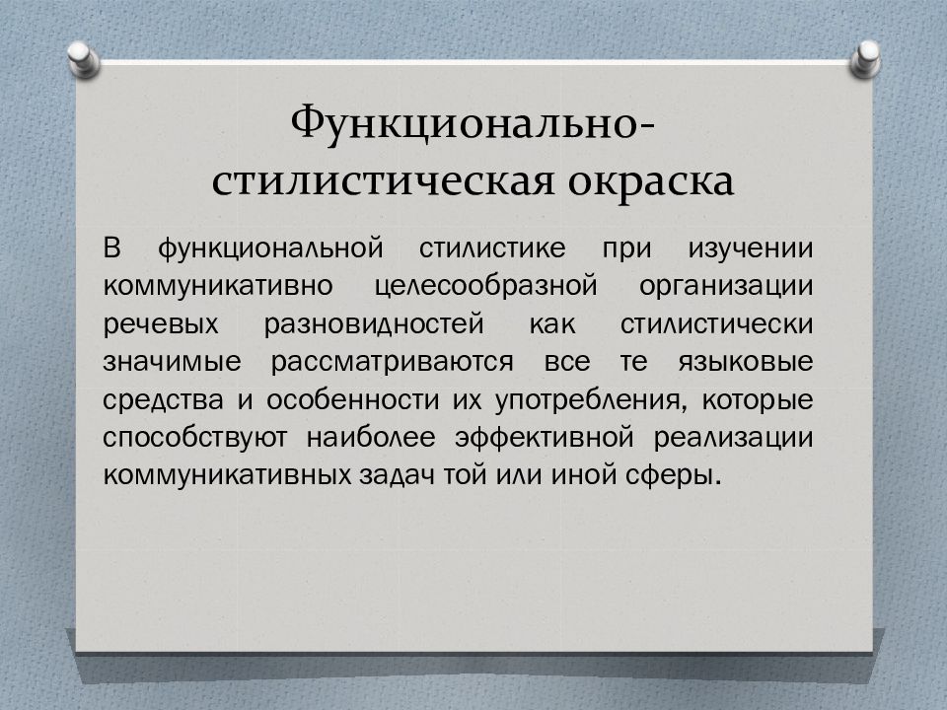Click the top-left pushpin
(83, 59)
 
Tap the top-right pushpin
(865, 59)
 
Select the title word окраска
(651, 181)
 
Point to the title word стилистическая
(383, 181)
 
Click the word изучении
(751, 248)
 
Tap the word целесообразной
(485, 287)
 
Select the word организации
(726, 287)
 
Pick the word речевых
(161, 324)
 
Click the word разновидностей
(374, 324)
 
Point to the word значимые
(172, 362)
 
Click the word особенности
(353, 399)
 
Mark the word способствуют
(195, 438)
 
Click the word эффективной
(545, 438)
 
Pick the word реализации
(734, 438)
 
